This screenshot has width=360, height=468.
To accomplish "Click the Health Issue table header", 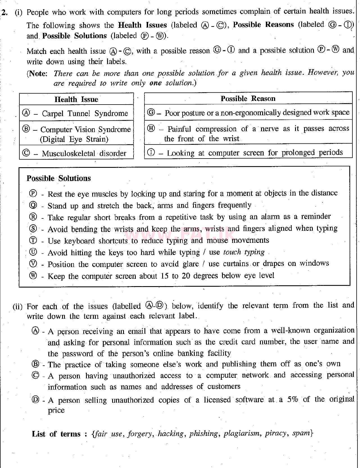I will click(x=76, y=99).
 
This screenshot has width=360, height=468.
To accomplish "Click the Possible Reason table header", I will click(x=248, y=99).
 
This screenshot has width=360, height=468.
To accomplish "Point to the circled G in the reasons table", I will click(x=151, y=113).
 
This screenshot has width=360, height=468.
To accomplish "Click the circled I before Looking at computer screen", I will click(x=151, y=153).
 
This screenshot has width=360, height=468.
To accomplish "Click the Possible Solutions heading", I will click(x=59, y=178).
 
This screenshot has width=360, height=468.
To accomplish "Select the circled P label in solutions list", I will click(x=33, y=194).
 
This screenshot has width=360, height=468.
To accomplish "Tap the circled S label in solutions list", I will click(x=33, y=229).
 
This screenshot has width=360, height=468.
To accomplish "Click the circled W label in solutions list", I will click(x=33, y=276).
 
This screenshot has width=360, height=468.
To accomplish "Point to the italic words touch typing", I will click(x=244, y=252).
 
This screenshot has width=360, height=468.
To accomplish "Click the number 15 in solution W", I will click(x=165, y=276).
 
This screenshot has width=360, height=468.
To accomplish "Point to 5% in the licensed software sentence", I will click(x=292, y=399).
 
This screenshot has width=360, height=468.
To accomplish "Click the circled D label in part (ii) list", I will click(x=36, y=400).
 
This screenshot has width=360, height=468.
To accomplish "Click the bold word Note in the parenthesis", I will click(x=38, y=74).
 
